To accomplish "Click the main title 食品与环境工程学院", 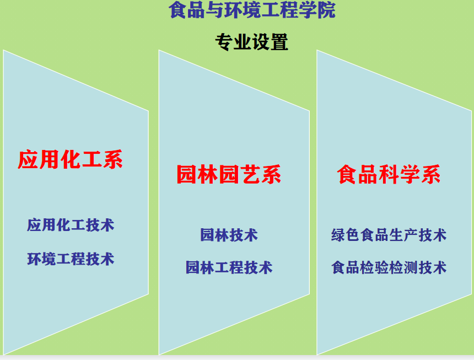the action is (252, 10).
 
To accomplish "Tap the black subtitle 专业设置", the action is (251, 42).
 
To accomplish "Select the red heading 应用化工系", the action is (70, 159).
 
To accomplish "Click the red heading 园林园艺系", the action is (229, 174).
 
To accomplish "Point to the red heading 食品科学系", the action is (389, 174).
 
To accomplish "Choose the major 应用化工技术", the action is (71, 225).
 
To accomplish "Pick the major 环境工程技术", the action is (71, 259).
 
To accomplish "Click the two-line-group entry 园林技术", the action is (229, 235).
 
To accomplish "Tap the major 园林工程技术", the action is (229, 268).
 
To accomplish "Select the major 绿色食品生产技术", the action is (389, 235).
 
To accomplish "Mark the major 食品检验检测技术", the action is (389, 268).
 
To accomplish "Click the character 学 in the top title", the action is (308, 10).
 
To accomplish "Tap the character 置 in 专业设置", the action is (279, 42).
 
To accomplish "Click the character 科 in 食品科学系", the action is (389, 174).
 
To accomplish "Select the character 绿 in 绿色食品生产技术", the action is (338, 235).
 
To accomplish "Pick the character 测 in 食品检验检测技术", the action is (411, 268).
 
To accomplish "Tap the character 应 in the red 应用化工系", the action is (28, 159).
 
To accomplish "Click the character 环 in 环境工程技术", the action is (34, 259).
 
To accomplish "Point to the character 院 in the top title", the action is (326, 10).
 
